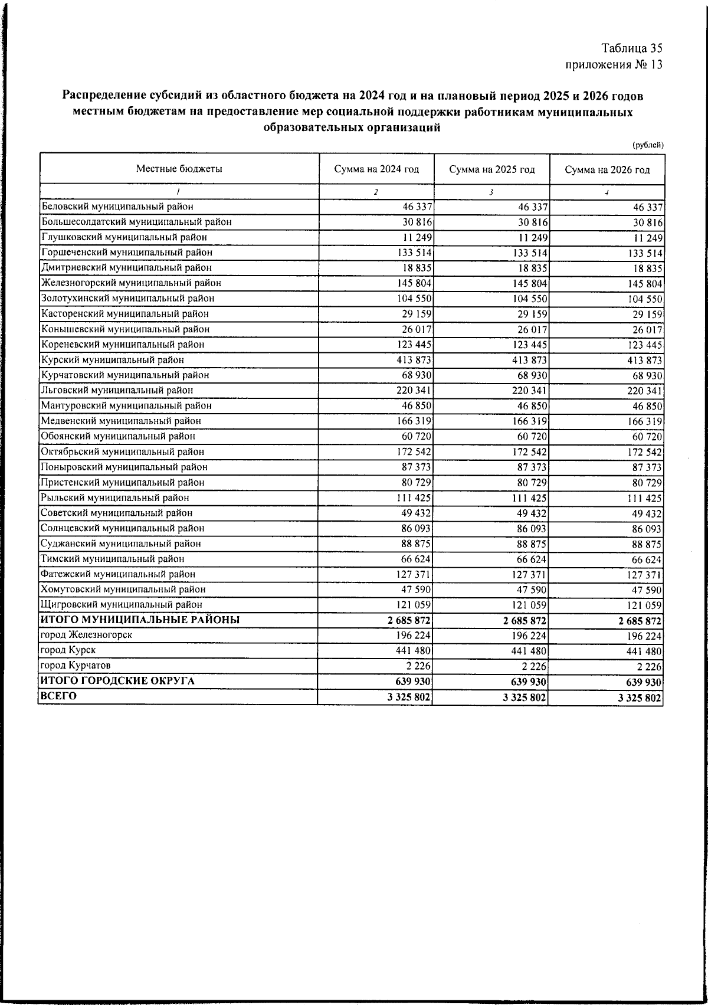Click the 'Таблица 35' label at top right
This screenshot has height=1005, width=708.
632,48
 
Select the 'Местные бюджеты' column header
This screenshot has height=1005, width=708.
179,169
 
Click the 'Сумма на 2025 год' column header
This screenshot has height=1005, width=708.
492,170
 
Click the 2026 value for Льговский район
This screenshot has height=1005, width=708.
646,391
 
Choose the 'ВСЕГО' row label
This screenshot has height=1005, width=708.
58,696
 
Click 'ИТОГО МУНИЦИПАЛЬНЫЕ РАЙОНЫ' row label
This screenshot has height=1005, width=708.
140,620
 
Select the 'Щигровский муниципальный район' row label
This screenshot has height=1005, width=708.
121,605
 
